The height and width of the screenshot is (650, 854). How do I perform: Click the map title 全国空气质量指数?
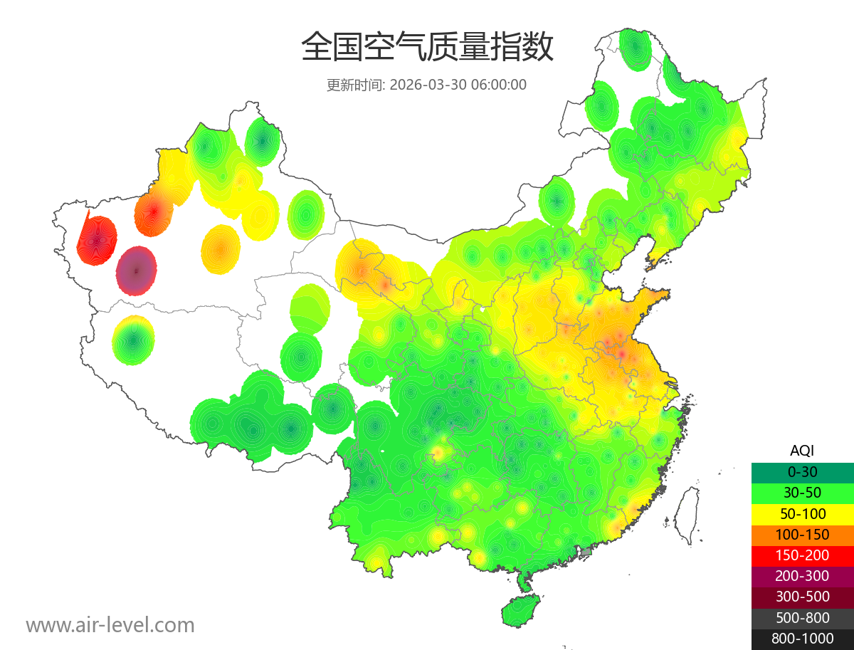coord(427,48)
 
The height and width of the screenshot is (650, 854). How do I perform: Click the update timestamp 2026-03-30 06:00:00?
coord(458,85)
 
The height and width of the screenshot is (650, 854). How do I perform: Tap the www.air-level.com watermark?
coord(110,625)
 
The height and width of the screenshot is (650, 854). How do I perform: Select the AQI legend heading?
coord(802,451)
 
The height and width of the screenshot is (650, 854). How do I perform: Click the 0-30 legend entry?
coord(802,472)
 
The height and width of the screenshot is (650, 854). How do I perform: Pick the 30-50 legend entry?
coord(802,493)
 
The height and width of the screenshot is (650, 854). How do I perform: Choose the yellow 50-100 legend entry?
coord(802,513)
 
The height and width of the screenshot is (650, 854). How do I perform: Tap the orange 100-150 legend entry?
coord(802,535)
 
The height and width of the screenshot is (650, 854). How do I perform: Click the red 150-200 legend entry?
coord(802,555)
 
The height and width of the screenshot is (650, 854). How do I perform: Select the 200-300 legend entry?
coord(802,576)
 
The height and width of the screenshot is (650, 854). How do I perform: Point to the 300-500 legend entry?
coord(802,597)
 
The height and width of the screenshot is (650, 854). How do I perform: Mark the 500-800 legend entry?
coord(802,618)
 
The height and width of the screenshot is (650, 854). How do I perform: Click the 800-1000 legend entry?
coord(802,639)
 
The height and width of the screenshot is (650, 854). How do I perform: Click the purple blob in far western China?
coord(136,271)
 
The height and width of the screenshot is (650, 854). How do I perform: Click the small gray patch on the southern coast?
coord(586,551)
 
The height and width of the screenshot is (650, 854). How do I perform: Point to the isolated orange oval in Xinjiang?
coord(221,249)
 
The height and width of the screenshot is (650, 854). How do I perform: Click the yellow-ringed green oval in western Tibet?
coord(133,340)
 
